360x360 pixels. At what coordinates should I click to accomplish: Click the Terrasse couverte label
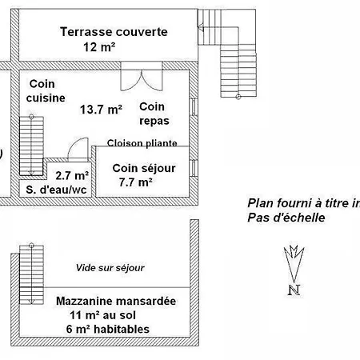pyautogui.click(x=114, y=32)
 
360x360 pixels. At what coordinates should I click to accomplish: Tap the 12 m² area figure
pyautogui.click(x=99, y=47)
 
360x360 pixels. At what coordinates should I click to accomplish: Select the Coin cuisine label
pyautogui.click(x=46, y=91)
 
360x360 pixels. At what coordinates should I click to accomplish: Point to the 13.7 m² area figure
pyautogui.click(x=101, y=110)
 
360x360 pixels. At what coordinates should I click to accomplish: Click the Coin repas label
pyautogui.click(x=154, y=114)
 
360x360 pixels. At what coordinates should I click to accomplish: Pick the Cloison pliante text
pyautogui.click(x=142, y=143)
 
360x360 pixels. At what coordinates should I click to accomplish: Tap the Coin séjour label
pyautogui.click(x=144, y=168)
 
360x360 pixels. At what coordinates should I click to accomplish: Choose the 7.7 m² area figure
pyautogui.click(x=136, y=182)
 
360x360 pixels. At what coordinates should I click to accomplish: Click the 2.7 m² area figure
pyautogui.click(x=72, y=175)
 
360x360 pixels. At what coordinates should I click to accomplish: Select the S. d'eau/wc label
pyautogui.click(x=56, y=190)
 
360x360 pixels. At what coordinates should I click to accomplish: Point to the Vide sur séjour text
pyautogui.click(x=110, y=268)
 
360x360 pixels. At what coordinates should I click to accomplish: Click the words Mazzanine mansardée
pyautogui.click(x=116, y=301)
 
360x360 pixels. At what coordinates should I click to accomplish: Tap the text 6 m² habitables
pyautogui.click(x=108, y=329)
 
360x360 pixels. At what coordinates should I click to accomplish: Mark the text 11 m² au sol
pyautogui.click(x=102, y=315)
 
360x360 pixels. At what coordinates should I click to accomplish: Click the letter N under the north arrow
pyautogui.click(x=294, y=290)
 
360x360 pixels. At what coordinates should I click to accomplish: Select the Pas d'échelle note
pyautogui.click(x=286, y=218)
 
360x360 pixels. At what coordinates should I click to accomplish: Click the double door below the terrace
pyautogui.click(x=142, y=77)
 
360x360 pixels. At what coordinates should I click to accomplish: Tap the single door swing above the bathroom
pyautogui.click(x=78, y=149)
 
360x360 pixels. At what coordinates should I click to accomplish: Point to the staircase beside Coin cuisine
pyautogui.click(x=31, y=146)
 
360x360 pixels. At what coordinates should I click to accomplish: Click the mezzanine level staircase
pyautogui.click(x=31, y=274)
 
